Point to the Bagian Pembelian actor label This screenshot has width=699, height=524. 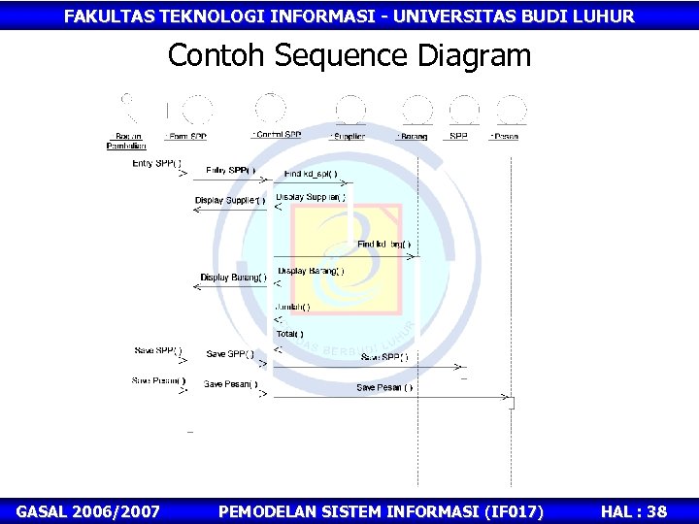point(126,141)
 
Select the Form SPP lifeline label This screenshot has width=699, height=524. point(185,137)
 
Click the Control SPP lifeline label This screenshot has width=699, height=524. point(277,135)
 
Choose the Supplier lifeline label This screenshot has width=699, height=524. point(347,137)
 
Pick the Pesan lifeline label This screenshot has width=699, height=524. point(504,137)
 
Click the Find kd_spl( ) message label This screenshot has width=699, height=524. point(311,175)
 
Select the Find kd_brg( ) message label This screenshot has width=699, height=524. point(384,245)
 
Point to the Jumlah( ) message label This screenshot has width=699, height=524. point(292,307)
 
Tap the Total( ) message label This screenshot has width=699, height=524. point(289,334)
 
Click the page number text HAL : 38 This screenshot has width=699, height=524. point(634,511)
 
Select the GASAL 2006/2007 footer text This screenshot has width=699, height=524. point(88,511)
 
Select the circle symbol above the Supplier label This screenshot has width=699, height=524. point(349,108)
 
